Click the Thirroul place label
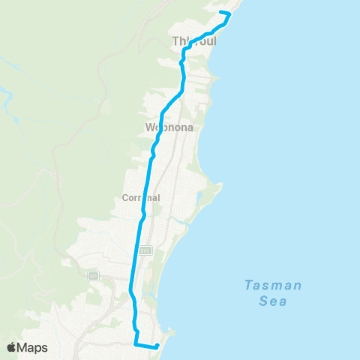[194, 41]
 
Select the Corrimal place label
[141, 199]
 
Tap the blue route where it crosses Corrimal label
[144, 199]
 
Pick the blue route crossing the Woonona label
[161, 127]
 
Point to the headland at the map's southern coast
[173, 331]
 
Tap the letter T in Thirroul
[176, 41]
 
